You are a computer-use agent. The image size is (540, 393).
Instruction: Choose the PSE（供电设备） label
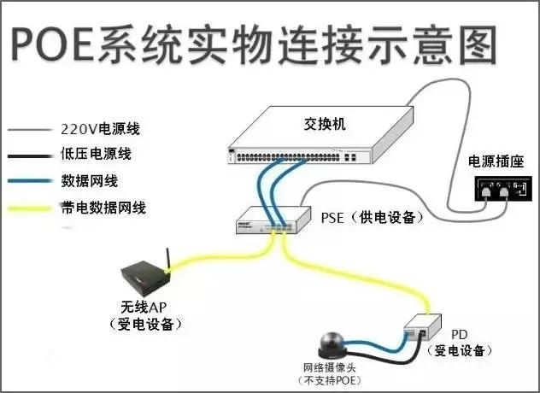(371, 218)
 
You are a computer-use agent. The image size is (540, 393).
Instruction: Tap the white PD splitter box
(420, 328)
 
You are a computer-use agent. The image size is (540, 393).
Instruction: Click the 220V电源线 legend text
(100, 130)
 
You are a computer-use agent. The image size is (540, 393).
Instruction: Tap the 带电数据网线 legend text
(100, 208)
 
